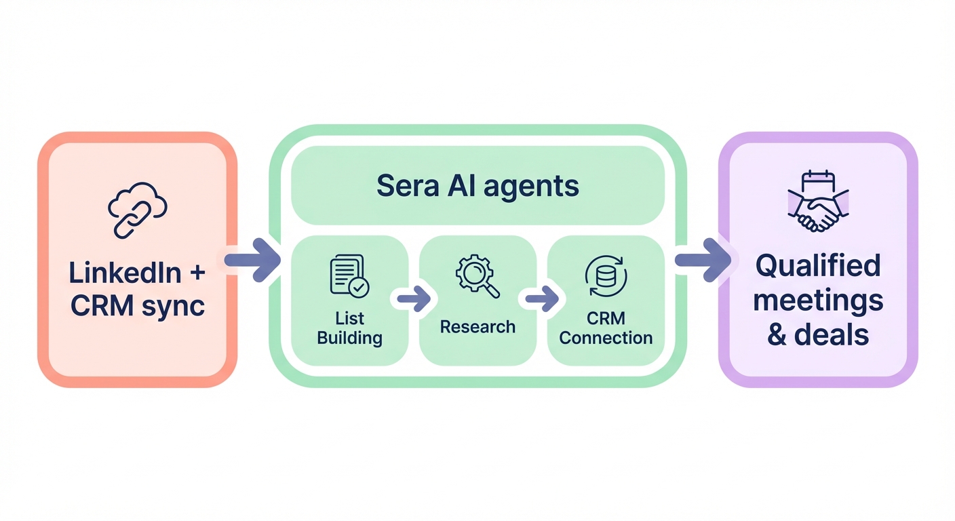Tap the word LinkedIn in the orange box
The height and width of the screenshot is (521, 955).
point(125,273)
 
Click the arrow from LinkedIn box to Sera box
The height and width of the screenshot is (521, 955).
point(252,260)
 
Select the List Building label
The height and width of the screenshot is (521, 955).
point(349,328)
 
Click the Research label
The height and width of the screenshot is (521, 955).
point(477,327)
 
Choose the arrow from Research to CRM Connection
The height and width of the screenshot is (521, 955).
point(541,298)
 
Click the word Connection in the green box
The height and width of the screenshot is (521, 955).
point(606,338)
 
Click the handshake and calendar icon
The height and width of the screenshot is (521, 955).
point(818,202)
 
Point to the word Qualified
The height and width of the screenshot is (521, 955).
point(818,267)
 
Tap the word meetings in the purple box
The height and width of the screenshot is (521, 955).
point(818,301)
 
